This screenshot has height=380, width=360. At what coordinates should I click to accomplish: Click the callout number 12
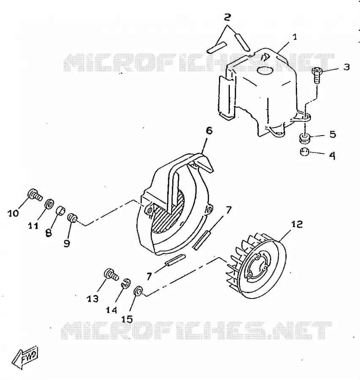pos(297,224)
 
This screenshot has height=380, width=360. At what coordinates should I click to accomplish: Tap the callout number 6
pos(209,130)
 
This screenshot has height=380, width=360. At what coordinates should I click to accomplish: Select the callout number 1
pos(295,37)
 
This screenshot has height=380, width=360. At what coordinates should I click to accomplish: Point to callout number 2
pos(227,17)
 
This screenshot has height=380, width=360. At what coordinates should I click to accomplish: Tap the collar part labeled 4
pos(305,152)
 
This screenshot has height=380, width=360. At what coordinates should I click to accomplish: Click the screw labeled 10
pos(35,195)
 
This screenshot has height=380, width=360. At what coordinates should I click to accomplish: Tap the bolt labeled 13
pos(112,275)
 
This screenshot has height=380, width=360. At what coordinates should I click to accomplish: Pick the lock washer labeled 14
pos(126,283)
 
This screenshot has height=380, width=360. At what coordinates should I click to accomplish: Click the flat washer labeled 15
pos(138,291)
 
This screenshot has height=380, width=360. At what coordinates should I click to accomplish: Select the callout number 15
pos(127,319)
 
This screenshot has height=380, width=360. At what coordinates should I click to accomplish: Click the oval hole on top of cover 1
pos(265,71)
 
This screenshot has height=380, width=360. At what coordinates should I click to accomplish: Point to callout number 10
pos(13,214)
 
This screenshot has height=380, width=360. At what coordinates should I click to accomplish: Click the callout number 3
pos(346,67)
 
